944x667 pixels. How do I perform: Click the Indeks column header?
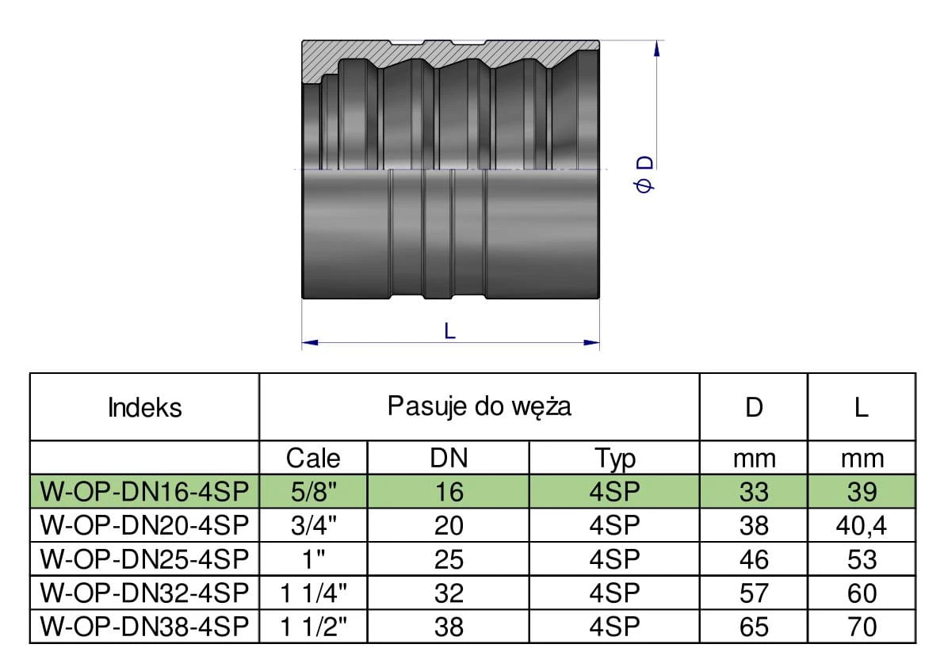pyautogui.click(x=144, y=407)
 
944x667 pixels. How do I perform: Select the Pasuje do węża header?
pyautogui.click(x=479, y=406)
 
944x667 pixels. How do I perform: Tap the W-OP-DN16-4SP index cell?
pyautogui.click(x=145, y=492)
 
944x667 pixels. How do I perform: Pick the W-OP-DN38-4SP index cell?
pyautogui.click(x=145, y=627)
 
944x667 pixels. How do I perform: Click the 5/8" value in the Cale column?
pyautogui.click(x=313, y=492)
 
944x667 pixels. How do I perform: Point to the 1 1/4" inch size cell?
pyautogui.click(x=313, y=593)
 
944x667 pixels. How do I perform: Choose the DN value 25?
pyautogui.click(x=448, y=559)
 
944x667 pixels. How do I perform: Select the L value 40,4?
pyautogui.click(x=861, y=526)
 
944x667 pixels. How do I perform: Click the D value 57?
pyautogui.click(x=753, y=593)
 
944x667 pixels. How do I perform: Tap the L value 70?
pyautogui.click(x=861, y=627)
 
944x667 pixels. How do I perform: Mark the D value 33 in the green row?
pyautogui.click(x=753, y=492)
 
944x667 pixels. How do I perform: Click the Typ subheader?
pyautogui.click(x=613, y=458)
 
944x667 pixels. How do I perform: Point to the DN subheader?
pyautogui.click(x=448, y=458)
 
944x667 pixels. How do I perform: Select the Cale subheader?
pyautogui.click(x=313, y=458)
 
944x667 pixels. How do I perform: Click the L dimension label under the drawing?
pyautogui.click(x=450, y=331)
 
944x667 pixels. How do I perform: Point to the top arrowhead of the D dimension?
pyautogui.click(x=655, y=47)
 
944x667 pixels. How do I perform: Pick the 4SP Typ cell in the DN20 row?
pyautogui.click(x=613, y=526)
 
